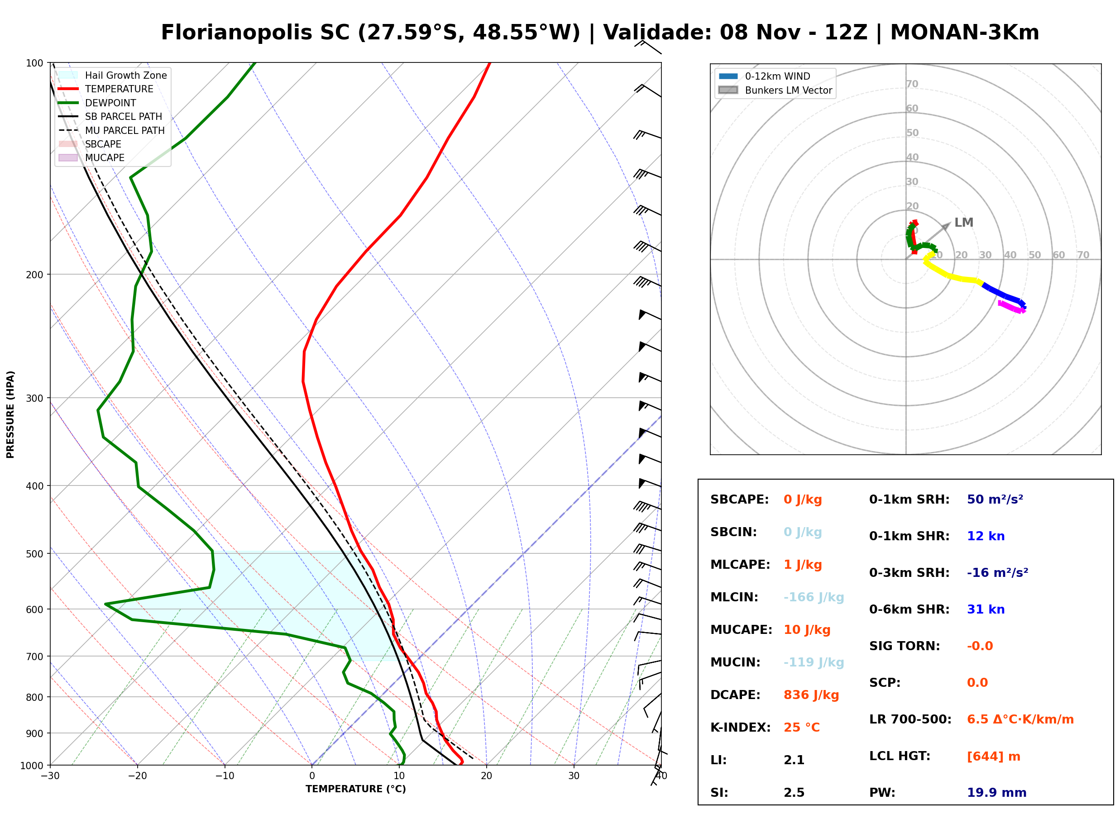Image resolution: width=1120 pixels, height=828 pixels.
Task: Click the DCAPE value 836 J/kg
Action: tap(811, 695)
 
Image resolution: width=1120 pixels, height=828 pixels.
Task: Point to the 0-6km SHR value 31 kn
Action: tap(986, 609)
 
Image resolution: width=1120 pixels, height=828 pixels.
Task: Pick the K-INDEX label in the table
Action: tap(741, 728)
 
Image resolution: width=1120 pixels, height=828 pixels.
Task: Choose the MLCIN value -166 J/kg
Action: tap(814, 597)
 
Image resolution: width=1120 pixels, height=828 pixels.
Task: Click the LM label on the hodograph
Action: tap(963, 223)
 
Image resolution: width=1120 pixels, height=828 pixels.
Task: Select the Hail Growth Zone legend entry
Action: tap(113, 75)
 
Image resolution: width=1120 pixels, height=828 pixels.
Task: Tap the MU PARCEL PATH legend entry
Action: tap(112, 130)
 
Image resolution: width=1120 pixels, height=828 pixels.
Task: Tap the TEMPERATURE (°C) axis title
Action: tap(356, 789)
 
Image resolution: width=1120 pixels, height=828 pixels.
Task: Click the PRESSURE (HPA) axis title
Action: tap(10, 414)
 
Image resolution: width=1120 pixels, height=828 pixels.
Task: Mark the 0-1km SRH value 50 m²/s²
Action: tap(995, 500)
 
